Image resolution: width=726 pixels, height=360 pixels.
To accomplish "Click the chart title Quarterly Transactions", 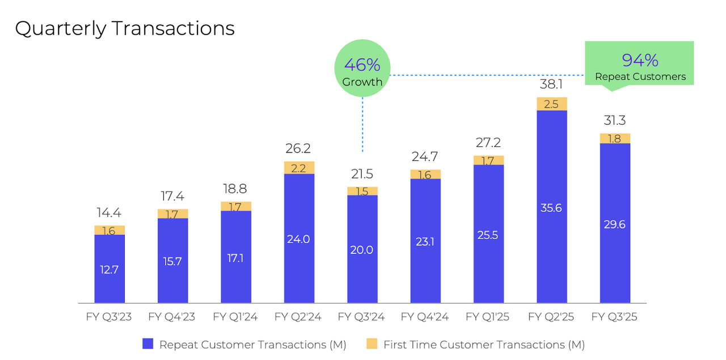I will [x=125, y=28].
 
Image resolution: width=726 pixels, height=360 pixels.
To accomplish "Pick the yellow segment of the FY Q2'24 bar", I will [x=299, y=167].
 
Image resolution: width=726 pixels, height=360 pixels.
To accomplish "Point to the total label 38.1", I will [x=552, y=84].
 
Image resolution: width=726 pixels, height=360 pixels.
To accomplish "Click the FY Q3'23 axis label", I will [x=108, y=317].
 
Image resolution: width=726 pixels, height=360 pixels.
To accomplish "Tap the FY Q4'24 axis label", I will [x=424, y=317].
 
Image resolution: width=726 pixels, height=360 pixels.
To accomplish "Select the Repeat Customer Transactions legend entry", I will [x=244, y=344].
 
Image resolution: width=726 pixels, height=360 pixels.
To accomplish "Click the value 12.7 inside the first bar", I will [x=109, y=270].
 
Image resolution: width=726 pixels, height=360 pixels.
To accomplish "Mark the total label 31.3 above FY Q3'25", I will [x=615, y=121].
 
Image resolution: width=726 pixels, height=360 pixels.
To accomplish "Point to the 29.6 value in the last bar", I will [x=615, y=225].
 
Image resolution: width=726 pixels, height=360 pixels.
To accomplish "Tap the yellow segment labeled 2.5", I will [x=552, y=104].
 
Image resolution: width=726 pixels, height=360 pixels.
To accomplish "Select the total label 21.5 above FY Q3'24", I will [x=362, y=174].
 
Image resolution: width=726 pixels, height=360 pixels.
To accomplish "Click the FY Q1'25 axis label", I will [x=488, y=317].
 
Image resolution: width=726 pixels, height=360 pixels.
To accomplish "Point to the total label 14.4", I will [x=109, y=213].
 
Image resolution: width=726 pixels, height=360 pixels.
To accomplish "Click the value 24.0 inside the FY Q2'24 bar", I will [x=299, y=239].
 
